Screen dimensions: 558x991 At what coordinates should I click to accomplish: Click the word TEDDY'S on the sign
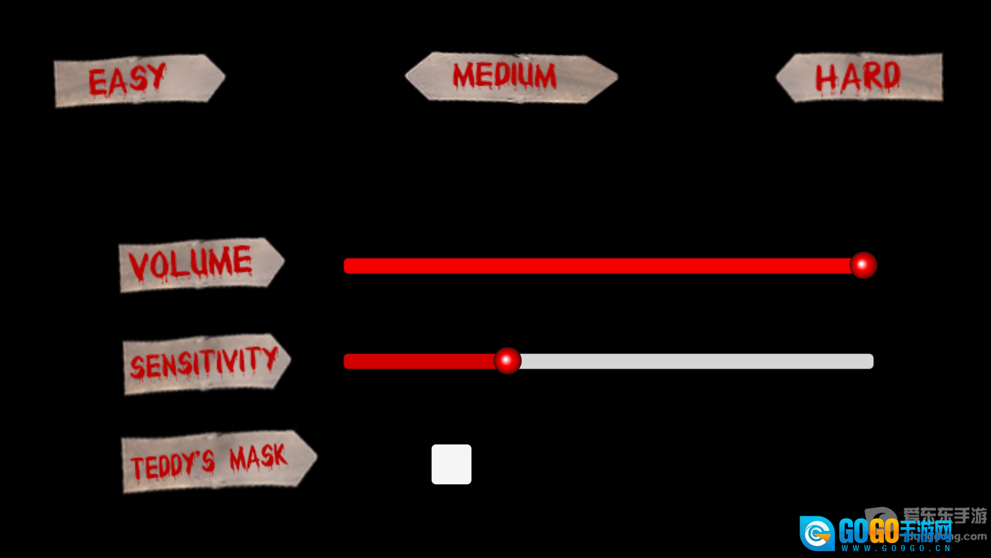172,464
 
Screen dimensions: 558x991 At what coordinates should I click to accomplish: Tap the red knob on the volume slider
863,265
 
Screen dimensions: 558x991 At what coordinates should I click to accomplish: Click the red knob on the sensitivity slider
507,360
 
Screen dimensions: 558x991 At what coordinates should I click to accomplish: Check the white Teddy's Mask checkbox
452,464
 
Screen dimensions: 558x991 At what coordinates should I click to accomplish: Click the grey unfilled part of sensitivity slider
694,361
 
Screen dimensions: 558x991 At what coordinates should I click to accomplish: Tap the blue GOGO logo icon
817,533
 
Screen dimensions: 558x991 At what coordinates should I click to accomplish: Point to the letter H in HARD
824,79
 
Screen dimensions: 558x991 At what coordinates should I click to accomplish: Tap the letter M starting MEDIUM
464,76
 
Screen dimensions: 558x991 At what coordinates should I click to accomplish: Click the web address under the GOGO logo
896,548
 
